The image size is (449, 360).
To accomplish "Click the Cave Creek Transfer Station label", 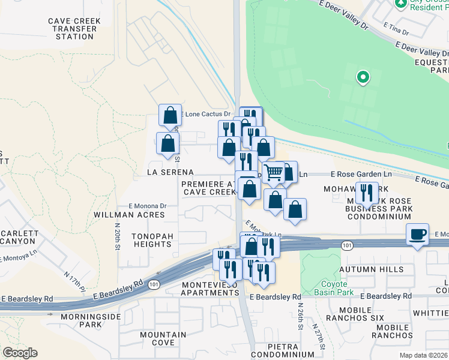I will coord(74,28).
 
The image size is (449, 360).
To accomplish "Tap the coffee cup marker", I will coord(417,234).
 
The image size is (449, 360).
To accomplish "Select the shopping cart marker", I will coord(273,173).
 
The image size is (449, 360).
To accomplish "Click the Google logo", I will coord(20,353).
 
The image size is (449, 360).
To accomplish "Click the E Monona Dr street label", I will coord(147,205).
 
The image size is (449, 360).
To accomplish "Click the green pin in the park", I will coord(363,77).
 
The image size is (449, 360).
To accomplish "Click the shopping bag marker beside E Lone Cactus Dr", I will coord(170,114).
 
